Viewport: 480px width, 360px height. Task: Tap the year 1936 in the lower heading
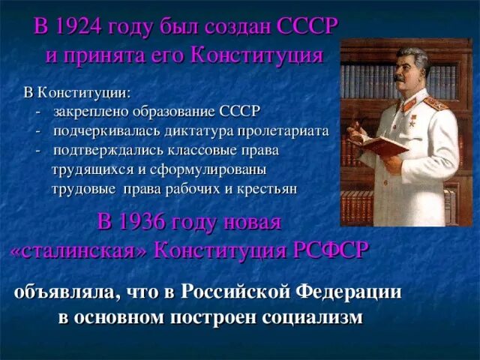(x=148, y=222)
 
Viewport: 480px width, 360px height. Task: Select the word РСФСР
(x=329, y=250)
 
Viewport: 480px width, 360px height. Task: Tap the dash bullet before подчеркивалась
(x=38, y=130)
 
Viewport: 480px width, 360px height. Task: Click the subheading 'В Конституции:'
(x=76, y=92)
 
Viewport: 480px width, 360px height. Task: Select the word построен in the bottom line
(x=211, y=316)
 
